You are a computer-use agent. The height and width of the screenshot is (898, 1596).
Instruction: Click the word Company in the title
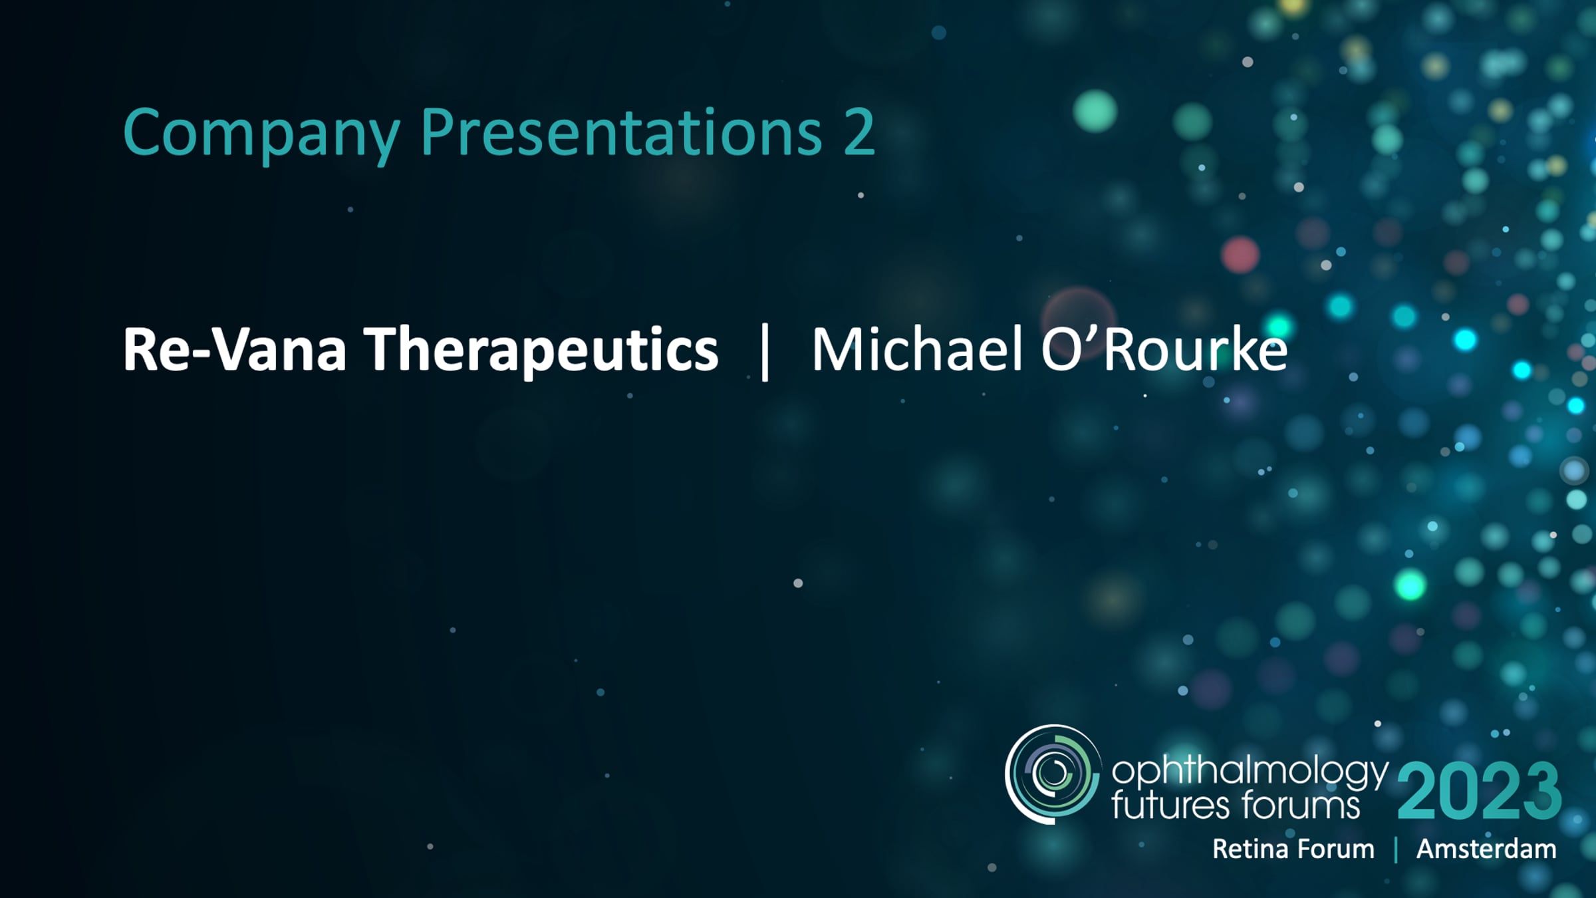tap(262, 135)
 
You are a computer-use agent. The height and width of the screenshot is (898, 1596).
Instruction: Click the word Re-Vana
tap(235, 349)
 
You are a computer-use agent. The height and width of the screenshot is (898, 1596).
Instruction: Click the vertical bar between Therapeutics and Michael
tap(765, 352)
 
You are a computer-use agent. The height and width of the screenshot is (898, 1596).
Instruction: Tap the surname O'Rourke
tap(1164, 349)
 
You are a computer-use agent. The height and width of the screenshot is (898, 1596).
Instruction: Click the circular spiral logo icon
tap(1052, 774)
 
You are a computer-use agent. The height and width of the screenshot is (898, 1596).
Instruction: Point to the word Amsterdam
tap(1486, 849)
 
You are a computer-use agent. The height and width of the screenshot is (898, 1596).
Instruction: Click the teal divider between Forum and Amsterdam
tap(1396, 850)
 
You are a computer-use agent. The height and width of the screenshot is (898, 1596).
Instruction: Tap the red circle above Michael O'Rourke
tap(1240, 255)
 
